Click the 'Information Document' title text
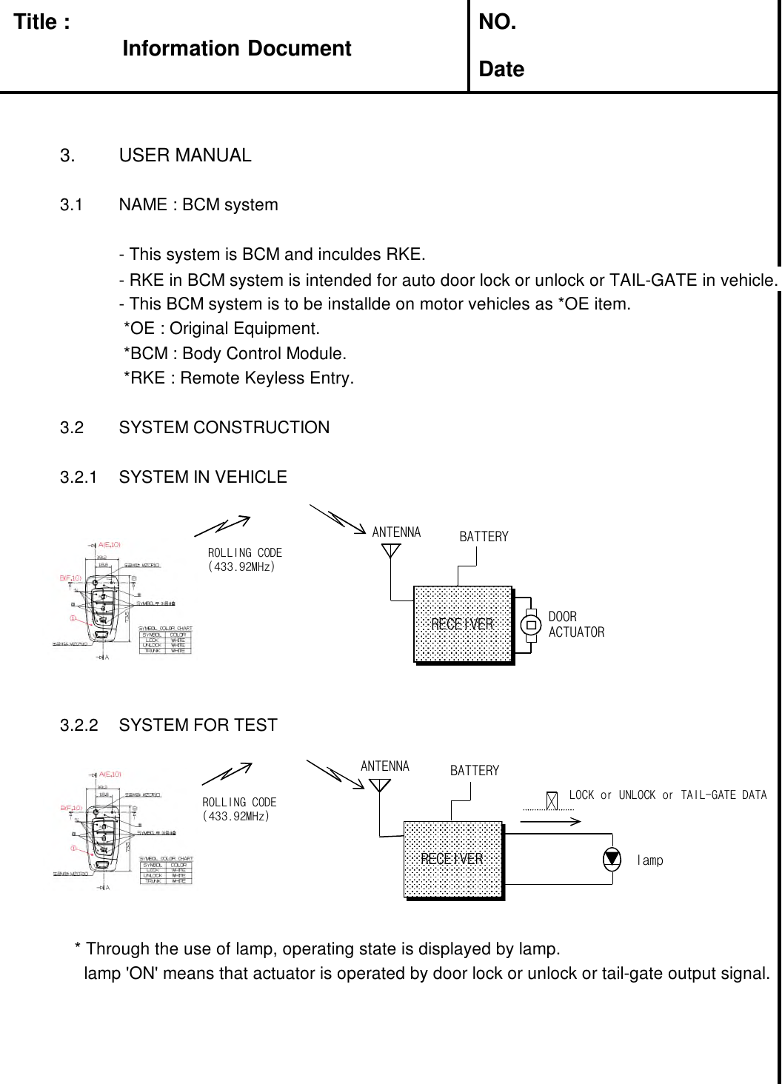point(236,49)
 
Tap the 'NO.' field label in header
point(498,22)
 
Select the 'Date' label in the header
point(501,70)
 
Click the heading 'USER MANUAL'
point(184,155)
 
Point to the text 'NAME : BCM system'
point(198,204)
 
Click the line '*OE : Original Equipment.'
point(221,328)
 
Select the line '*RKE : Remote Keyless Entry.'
point(238,378)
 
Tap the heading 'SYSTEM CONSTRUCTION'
point(224,427)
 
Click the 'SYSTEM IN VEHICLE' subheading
point(202,477)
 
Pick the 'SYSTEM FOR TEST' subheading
point(198,725)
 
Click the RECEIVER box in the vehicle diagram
point(463,624)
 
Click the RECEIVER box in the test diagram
point(452,859)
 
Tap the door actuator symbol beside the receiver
point(531,624)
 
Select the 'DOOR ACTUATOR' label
point(575,624)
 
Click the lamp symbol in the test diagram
point(612,859)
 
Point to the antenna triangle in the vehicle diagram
point(391,551)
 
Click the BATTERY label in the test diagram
point(475,771)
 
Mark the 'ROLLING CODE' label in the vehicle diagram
point(244,553)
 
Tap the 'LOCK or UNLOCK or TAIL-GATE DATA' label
point(667,795)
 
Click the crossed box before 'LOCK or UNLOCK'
point(552,800)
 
